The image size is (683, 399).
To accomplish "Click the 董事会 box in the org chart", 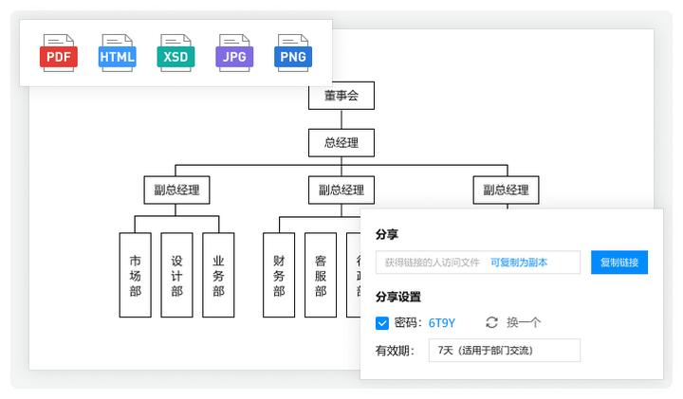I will coord(341,96).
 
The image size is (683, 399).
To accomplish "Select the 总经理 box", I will coord(341,143).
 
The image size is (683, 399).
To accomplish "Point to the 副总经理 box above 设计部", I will coord(176,190).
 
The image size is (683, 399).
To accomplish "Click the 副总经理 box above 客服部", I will coord(341,190).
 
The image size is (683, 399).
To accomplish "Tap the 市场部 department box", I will coord(135,275).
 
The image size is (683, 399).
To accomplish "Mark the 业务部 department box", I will coord(218,275).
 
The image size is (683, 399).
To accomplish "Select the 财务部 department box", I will coord(279,275).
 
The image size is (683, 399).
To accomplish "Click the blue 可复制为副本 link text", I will coord(519,263).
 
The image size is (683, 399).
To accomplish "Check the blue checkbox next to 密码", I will coord(382,323).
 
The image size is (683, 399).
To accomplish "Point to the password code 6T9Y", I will coord(442,323).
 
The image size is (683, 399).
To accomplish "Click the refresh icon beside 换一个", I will coord(491,323).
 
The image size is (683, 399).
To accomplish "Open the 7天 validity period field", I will coord(504,351).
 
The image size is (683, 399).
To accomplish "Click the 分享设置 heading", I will coord(398,297).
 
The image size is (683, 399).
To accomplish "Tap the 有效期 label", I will coord(395,351).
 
